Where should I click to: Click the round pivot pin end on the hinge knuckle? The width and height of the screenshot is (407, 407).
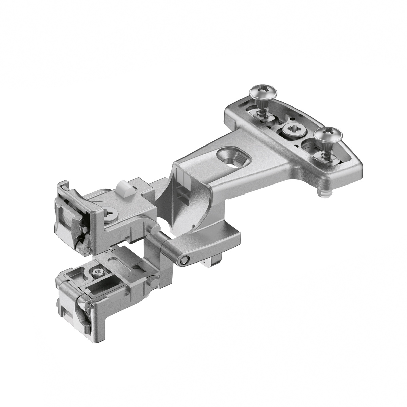click(184, 260)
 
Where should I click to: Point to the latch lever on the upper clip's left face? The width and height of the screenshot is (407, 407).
click(73, 217)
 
